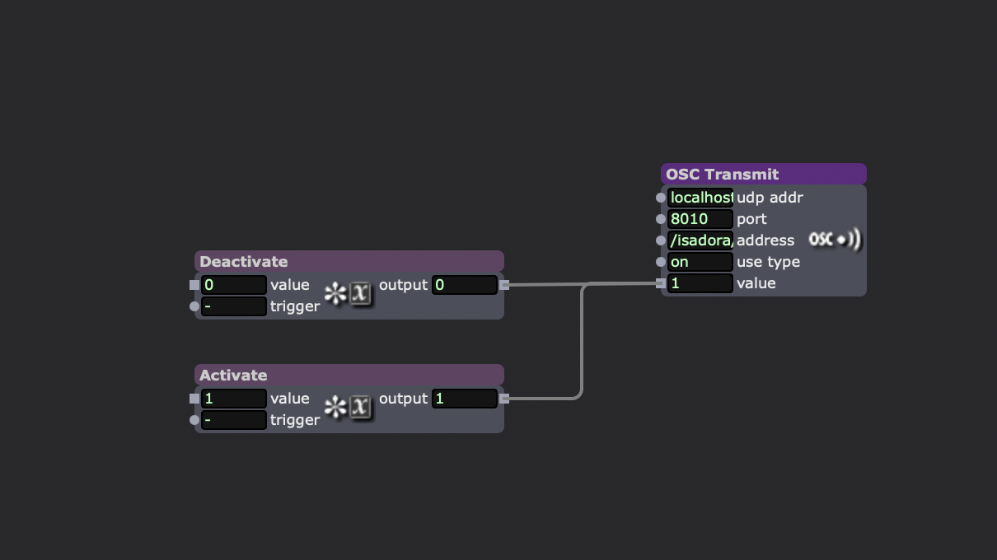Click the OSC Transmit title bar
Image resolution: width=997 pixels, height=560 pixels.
click(x=763, y=174)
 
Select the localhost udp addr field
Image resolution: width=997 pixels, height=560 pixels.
click(x=700, y=198)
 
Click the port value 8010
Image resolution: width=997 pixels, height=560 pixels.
click(x=700, y=219)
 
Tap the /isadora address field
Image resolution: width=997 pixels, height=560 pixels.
click(x=700, y=240)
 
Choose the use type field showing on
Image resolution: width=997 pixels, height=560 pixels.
click(x=700, y=262)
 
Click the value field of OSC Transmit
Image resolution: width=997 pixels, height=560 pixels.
click(x=700, y=283)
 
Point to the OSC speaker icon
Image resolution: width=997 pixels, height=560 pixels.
click(x=835, y=240)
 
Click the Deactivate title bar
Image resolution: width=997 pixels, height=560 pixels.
click(x=349, y=261)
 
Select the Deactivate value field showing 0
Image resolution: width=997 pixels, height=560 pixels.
click(x=234, y=285)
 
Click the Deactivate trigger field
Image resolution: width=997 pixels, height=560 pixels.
click(x=234, y=306)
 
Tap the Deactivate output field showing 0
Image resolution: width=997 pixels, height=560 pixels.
click(x=464, y=285)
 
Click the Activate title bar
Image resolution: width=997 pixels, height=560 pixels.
click(x=349, y=375)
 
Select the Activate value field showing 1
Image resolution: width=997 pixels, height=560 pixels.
click(x=234, y=399)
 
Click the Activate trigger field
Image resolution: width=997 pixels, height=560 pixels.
click(x=234, y=420)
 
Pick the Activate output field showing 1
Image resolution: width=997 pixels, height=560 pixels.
click(x=464, y=399)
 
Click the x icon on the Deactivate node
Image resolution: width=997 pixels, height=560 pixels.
click(x=361, y=293)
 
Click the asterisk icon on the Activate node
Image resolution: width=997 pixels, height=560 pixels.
click(x=335, y=407)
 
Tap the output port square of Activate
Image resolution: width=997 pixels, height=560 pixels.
click(x=504, y=399)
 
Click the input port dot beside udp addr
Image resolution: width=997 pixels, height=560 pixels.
click(x=661, y=198)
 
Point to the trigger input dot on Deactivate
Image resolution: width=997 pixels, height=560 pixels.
click(x=194, y=306)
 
